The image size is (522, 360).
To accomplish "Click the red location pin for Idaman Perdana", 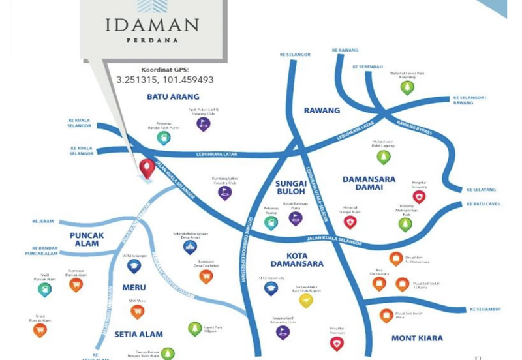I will (147, 168).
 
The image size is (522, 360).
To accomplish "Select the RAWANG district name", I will (322, 110).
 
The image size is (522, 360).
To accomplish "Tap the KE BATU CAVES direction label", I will (484, 204).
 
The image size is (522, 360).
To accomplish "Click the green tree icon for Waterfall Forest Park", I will (407, 87).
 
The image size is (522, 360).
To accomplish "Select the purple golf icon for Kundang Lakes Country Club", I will (225, 193).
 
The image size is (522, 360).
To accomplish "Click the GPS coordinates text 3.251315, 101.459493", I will (165, 80).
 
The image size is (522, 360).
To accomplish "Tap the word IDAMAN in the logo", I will (151, 25).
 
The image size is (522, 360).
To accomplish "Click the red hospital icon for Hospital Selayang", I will (419, 196).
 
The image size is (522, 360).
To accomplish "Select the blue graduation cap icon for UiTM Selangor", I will (134, 266).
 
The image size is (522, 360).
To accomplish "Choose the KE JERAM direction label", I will (43, 221).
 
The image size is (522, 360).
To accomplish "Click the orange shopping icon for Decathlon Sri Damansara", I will (395, 258).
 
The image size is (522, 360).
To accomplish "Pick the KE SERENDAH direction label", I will (368, 67).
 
